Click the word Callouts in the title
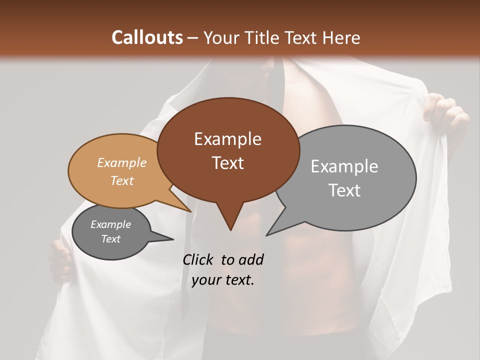coord(147,37)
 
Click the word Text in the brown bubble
coord(227,162)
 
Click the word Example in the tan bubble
coord(122,162)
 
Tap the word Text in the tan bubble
coord(122,180)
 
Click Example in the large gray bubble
coord(344,166)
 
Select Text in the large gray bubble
coord(344,190)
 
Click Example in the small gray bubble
coord(111,224)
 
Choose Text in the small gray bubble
coord(111,239)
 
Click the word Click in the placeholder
coord(199,259)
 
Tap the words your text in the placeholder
coord(223,280)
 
